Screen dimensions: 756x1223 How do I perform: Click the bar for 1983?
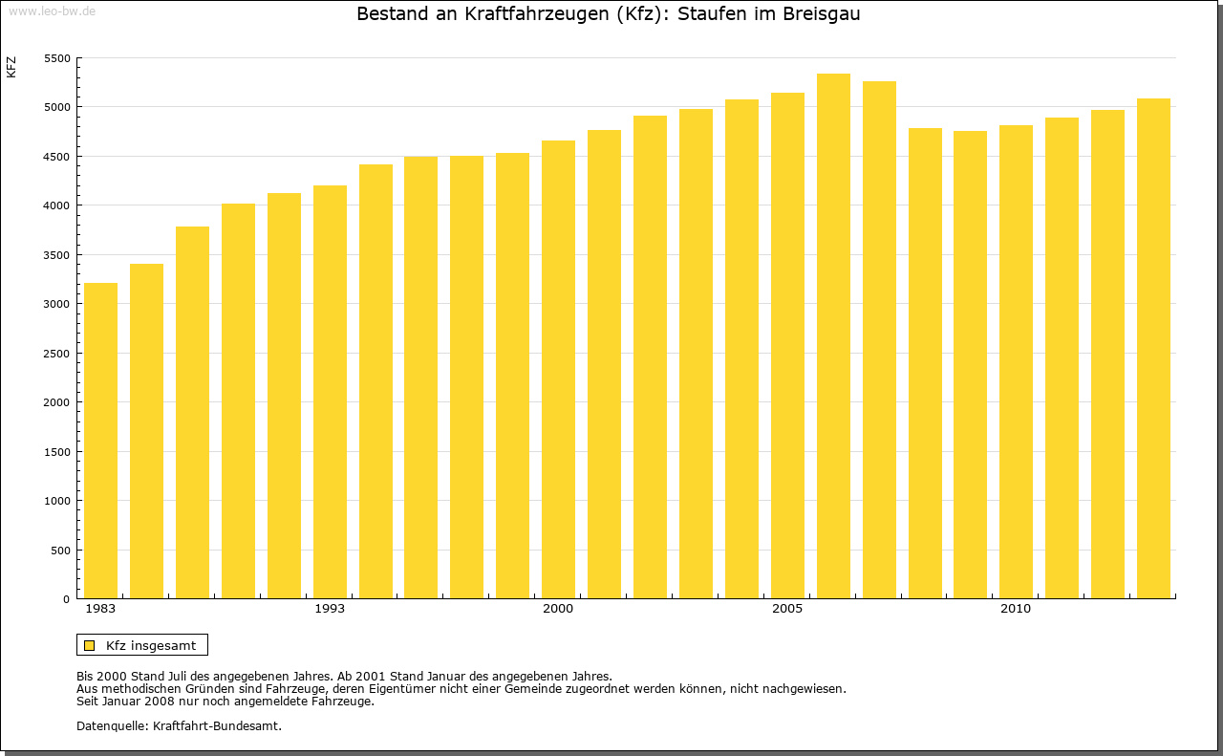(x=100, y=441)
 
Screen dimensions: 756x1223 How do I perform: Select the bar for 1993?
(x=330, y=392)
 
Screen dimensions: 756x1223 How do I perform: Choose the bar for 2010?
(x=1016, y=362)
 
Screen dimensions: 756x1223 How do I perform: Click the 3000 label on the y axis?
(x=57, y=304)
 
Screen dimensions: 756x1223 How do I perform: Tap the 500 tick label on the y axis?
(x=60, y=551)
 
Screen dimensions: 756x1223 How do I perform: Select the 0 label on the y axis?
(x=66, y=599)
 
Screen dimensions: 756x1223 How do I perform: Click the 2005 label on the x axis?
(x=787, y=609)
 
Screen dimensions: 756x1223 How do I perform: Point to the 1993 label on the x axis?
(x=330, y=609)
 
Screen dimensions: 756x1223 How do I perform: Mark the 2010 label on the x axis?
(x=1016, y=609)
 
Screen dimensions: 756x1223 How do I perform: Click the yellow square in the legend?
(x=89, y=645)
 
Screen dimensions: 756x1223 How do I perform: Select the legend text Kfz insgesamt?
(x=151, y=645)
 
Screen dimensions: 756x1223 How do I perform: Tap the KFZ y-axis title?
(x=11, y=67)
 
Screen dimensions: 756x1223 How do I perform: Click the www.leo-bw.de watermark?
(x=51, y=10)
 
